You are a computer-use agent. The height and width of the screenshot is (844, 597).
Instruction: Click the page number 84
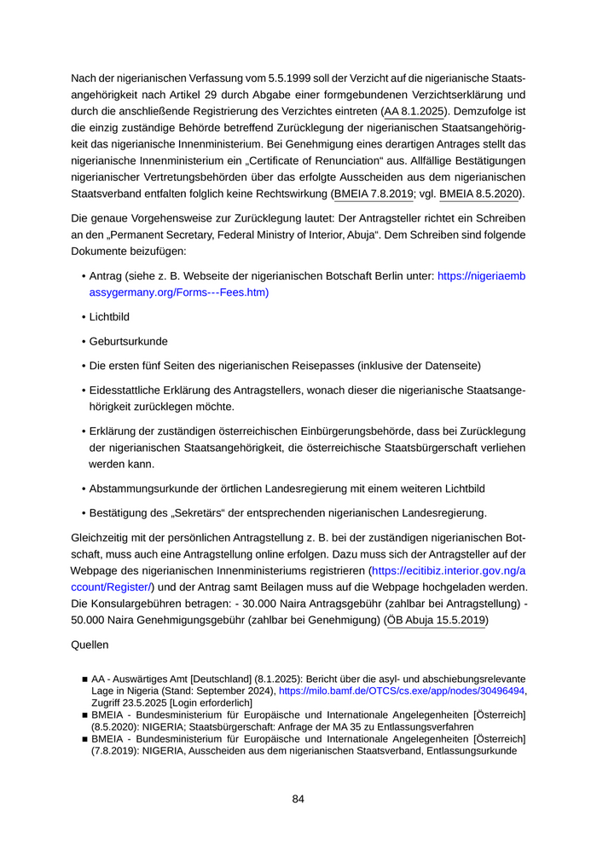[298, 799]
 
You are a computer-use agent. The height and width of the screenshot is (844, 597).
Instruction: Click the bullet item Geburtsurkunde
[128, 341]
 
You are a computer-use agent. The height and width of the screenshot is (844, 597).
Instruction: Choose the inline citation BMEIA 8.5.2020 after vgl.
[479, 194]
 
